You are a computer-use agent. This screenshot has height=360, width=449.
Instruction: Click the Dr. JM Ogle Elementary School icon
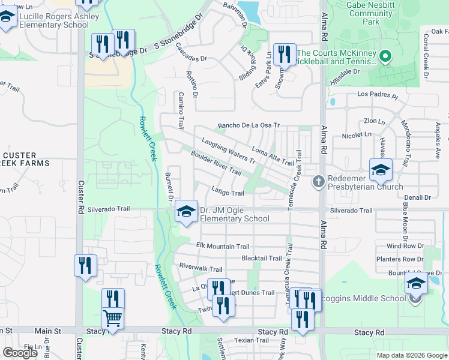[186, 211]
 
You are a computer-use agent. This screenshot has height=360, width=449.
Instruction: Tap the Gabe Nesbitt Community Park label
[361, 13]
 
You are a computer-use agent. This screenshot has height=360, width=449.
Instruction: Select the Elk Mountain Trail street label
[223, 247]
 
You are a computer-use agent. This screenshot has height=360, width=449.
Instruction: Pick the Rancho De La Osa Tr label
[249, 125]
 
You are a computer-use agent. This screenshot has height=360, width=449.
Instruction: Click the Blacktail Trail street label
[261, 259]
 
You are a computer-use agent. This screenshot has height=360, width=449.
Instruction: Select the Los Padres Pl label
[378, 95]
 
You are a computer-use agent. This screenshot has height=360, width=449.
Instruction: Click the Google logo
[20, 353]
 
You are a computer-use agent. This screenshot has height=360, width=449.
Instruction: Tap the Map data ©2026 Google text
[411, 355]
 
